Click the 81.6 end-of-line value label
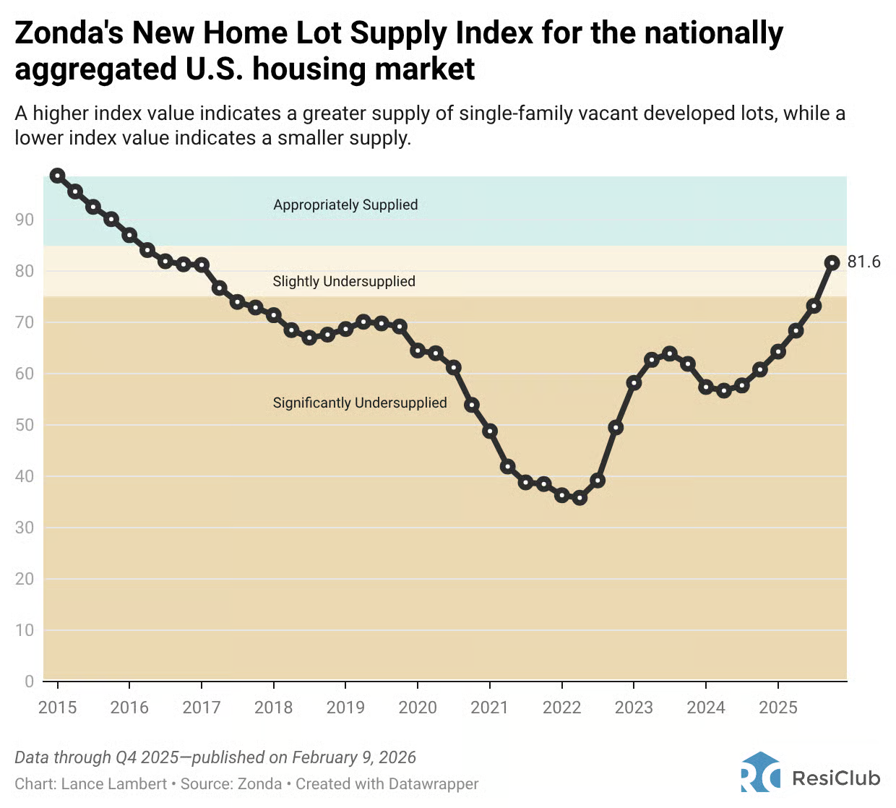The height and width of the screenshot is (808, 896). coord(863,262)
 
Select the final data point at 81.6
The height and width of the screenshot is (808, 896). coord(832,262)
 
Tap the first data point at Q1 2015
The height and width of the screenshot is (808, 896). coord(58,176)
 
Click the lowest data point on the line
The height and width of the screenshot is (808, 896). coord(580,497)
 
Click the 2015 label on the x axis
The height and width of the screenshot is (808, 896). coord(58,707)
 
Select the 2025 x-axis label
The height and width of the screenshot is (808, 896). coord(777,707)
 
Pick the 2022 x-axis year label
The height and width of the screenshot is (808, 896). coord(561,707)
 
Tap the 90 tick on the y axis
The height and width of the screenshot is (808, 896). coord(25,220)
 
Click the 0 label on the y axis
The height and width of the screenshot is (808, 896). coord(29,681)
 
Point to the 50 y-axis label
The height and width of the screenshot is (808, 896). coord(25,425)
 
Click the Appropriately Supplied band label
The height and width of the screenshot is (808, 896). coord(345,205)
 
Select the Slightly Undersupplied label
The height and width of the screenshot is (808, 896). coord(344,281)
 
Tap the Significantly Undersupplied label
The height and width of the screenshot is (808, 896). coord(360,403)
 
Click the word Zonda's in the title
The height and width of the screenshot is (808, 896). coord(69,33)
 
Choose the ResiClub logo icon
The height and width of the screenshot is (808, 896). coord(760,773)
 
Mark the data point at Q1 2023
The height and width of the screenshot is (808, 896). coord(634,382)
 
